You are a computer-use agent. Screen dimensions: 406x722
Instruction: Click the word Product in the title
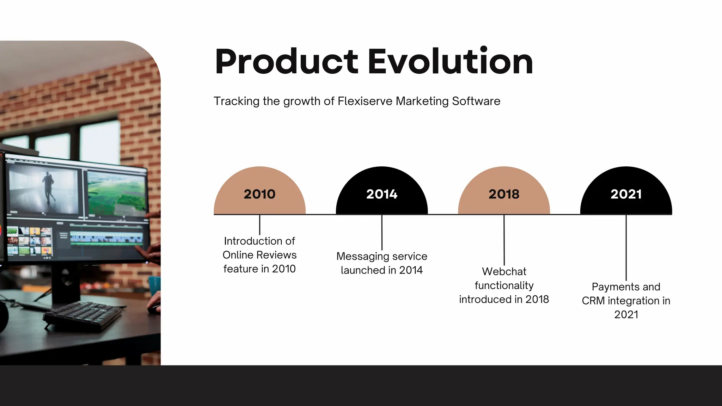(x=287, y=62)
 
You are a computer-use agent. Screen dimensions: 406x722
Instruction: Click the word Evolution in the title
(x=450, y=62)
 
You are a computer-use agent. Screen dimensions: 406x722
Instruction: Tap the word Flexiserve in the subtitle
(x=365, y=101)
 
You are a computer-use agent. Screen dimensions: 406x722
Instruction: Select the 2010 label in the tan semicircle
(x=259, y=194)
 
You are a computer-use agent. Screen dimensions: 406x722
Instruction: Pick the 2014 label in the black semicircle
(x=382, y=194)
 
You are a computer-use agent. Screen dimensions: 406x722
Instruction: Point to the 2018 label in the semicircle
(x=504, y=194)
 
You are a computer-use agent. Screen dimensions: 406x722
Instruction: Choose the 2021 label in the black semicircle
(x=626, y=194)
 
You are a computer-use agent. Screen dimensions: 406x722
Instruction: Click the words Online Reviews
(x=259, y=255)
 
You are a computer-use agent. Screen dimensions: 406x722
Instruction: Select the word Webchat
(x=504, y=271)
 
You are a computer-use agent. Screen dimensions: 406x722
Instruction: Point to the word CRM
(x=593, y=301)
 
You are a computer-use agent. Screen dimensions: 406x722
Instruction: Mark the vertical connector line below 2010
(x=260, y=225)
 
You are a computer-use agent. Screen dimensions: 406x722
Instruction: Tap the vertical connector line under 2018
(x=504, y=240)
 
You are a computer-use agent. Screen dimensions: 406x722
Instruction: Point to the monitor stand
(x=65, y=282)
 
